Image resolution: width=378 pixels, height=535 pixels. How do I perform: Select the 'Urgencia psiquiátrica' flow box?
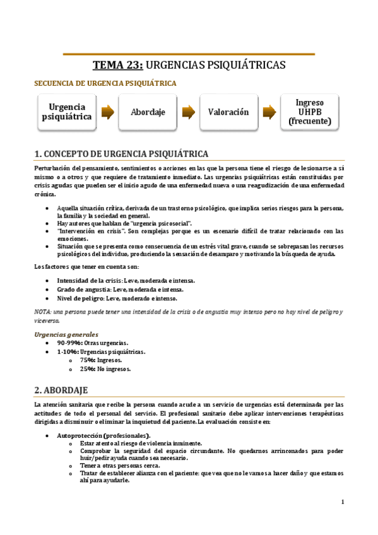click(x=67, y=112)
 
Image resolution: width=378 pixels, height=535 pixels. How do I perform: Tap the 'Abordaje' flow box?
click(x=148, y=112)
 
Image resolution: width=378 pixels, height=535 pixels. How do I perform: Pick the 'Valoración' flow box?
click(x=228, y=112)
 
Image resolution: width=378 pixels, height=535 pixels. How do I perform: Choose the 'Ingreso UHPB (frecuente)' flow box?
click(x=309, y=112)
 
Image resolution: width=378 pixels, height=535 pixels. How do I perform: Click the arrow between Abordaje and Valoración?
click(x=188, y=112)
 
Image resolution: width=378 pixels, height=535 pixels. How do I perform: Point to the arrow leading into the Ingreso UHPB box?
click(x=269, y=112)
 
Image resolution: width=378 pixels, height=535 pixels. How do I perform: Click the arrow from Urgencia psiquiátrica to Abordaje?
click(x=107, y=112)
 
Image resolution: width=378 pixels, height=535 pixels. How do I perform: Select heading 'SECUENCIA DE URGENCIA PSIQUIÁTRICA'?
click(x=105, y=83)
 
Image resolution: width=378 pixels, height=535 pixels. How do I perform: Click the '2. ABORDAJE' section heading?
click(x=61, y=390)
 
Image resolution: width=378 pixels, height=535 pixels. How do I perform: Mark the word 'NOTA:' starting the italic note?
click(x=44, y=312)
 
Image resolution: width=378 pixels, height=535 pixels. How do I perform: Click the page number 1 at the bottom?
click(x=342, y=502)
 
